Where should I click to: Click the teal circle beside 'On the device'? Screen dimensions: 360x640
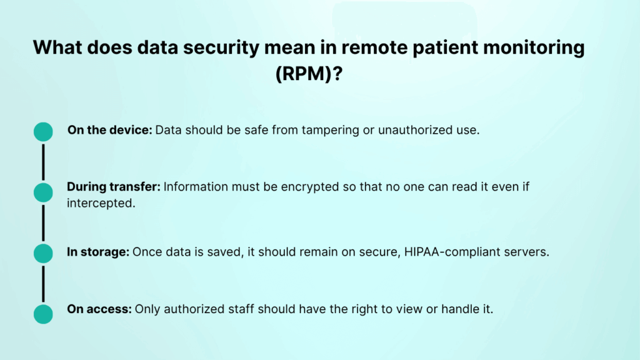pos(43,131)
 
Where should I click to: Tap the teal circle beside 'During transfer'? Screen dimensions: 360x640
pos(43,192)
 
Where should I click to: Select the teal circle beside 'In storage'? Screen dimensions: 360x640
pos(43,253)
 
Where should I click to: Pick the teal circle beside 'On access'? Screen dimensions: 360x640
pos(43,314)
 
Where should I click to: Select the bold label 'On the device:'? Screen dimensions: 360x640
pos(110,131)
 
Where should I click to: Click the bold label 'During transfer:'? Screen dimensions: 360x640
pos(114,187)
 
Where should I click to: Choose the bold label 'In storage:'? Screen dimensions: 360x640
pos(98,252)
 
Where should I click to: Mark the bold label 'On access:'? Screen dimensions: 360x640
pos(99,309)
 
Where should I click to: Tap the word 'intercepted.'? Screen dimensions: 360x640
pos(101,203)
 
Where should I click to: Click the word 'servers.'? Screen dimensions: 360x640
pos(526,252)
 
